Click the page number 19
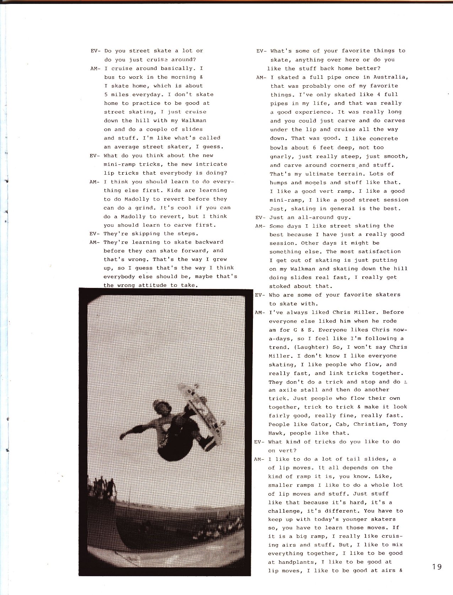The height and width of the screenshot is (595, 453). coord(437,567)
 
